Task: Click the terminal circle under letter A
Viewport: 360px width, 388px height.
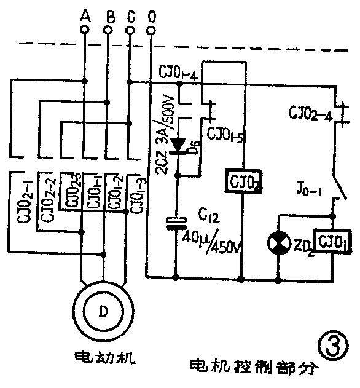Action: tap(84, 29)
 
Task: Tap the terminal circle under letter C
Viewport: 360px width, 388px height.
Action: tap(129, 29)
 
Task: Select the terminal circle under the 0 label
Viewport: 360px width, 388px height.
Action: tap(151, 29)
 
